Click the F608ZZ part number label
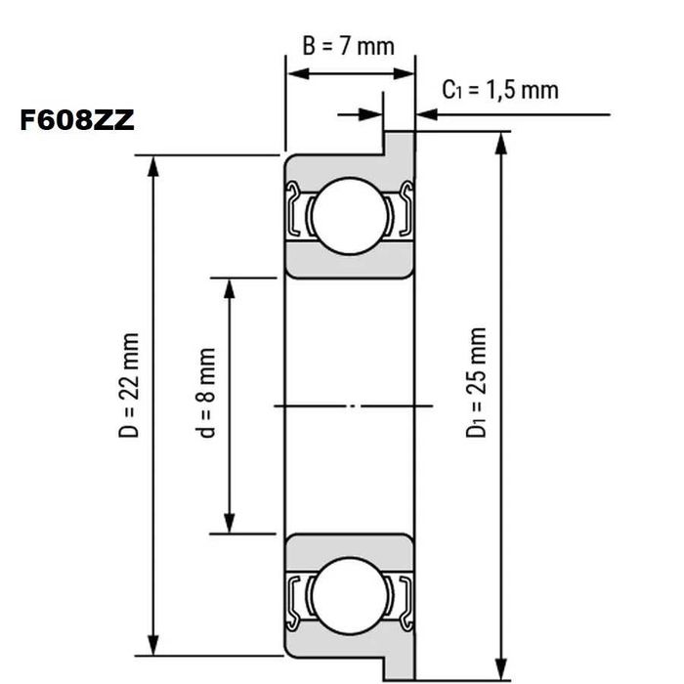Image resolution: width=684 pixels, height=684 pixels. [76, 121]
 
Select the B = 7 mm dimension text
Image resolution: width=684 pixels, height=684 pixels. [348, 46]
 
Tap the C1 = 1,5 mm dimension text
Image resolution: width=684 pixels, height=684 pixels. [500, 90]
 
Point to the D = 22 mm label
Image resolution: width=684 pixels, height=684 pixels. [130, 385]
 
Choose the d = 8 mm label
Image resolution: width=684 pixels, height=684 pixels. [206, 393]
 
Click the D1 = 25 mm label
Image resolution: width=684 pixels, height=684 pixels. [476, 382]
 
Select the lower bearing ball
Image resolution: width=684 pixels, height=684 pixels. [349, 595]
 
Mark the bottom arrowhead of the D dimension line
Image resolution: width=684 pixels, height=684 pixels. [152, 646]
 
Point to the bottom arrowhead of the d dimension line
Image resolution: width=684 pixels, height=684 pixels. [230, 525]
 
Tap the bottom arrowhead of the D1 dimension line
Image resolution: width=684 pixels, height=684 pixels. [502, 667]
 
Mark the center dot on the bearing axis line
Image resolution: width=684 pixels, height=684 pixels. [361, 405]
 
